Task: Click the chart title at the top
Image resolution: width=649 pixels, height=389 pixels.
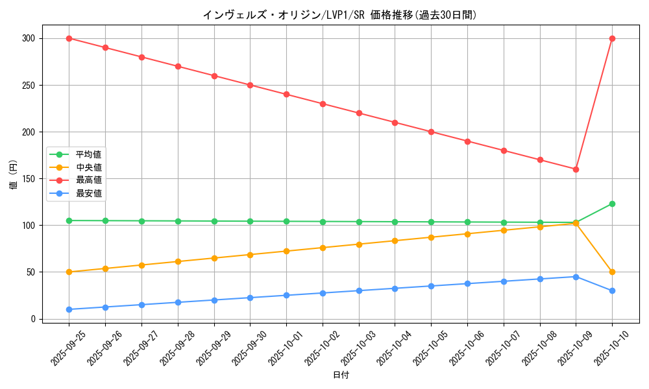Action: click(x=340, y=15)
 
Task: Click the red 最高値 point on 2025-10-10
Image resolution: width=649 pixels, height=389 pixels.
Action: click(x=612, y=38)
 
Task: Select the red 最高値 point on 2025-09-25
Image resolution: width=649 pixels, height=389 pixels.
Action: click(x=69, y=38)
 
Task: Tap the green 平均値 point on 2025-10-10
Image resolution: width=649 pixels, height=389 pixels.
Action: click(x=612, y=204)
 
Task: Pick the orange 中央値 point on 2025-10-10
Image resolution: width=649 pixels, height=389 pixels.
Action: click(x=612, y=272)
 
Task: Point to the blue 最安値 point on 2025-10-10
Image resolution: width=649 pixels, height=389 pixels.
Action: click(x=612, y=290)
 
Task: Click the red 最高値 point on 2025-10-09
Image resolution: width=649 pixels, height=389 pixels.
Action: click(x=576, y=169)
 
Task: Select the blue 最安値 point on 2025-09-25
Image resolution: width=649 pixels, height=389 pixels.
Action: click(x=69, y=309)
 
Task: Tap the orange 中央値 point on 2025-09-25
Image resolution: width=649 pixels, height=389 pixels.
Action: click(x=69, y=272)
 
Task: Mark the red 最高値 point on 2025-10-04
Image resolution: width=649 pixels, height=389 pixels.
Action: click(x=395, y=123)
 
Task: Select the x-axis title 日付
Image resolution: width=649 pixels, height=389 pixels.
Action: click(x=340, y=375)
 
